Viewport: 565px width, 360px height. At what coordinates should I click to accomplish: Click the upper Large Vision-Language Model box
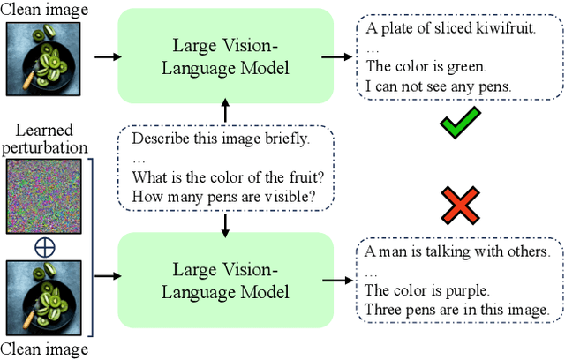[x=226, y=56]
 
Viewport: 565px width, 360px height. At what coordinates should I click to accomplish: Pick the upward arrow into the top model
[x=226, y=113]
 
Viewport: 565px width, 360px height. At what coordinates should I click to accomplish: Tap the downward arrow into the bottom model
[x=226, y=226]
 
